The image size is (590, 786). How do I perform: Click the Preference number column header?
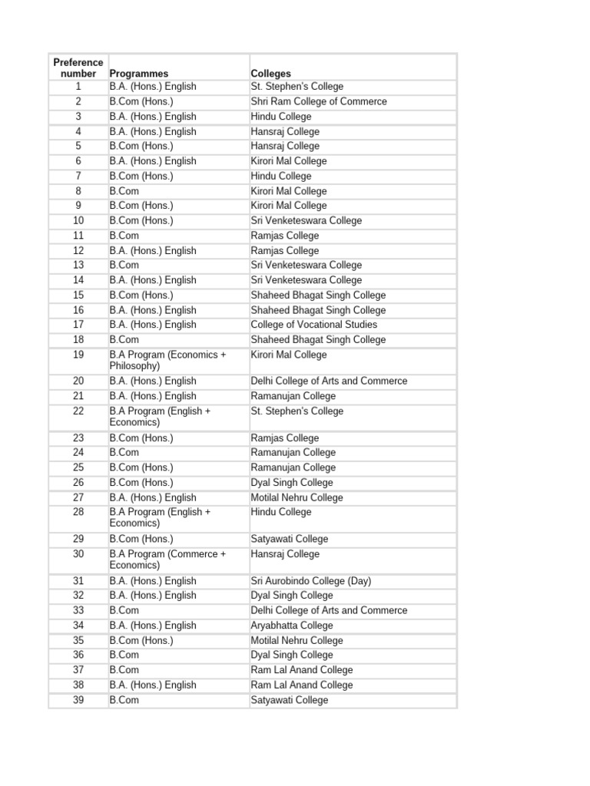(78, 68)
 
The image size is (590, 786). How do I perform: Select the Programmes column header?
(139, 74)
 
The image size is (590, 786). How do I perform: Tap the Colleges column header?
(271, 74)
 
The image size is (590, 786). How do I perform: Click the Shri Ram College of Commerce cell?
(319, 101)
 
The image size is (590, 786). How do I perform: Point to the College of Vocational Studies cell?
(314, 325)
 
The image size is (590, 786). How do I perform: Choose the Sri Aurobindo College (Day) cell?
(311, 581)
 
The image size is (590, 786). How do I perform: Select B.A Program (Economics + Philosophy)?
(167, 361)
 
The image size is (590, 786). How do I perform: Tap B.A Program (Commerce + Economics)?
(167, 560)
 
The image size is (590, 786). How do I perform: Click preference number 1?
(78, 87)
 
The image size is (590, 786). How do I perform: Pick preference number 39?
(78, 700)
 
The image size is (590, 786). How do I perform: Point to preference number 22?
(78, 411)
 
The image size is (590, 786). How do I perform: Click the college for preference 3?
(281, 117)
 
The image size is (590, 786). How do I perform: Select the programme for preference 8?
(124, 191)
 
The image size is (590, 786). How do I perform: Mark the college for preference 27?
(297, 497)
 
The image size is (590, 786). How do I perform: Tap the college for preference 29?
(290, 539)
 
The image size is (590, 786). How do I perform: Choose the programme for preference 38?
(153, 685)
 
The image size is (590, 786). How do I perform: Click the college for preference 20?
(330, 381)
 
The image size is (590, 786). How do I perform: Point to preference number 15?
(78, 296)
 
